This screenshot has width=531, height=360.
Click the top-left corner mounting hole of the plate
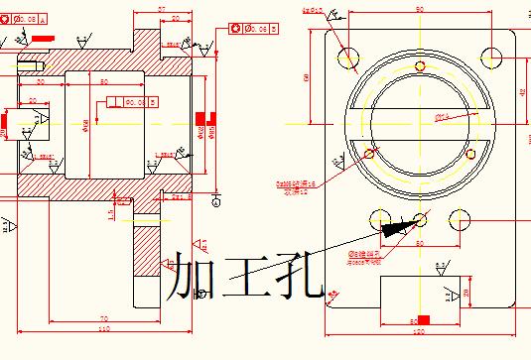348,56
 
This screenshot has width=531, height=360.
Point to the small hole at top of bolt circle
420,66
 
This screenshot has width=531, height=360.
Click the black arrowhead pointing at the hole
396,227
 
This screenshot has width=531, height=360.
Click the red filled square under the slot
424,318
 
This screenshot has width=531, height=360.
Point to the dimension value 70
103,318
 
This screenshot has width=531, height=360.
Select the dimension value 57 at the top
162,8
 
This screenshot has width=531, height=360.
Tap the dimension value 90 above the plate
420,8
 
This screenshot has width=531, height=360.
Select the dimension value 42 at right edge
523,91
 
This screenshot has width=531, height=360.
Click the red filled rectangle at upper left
43,38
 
